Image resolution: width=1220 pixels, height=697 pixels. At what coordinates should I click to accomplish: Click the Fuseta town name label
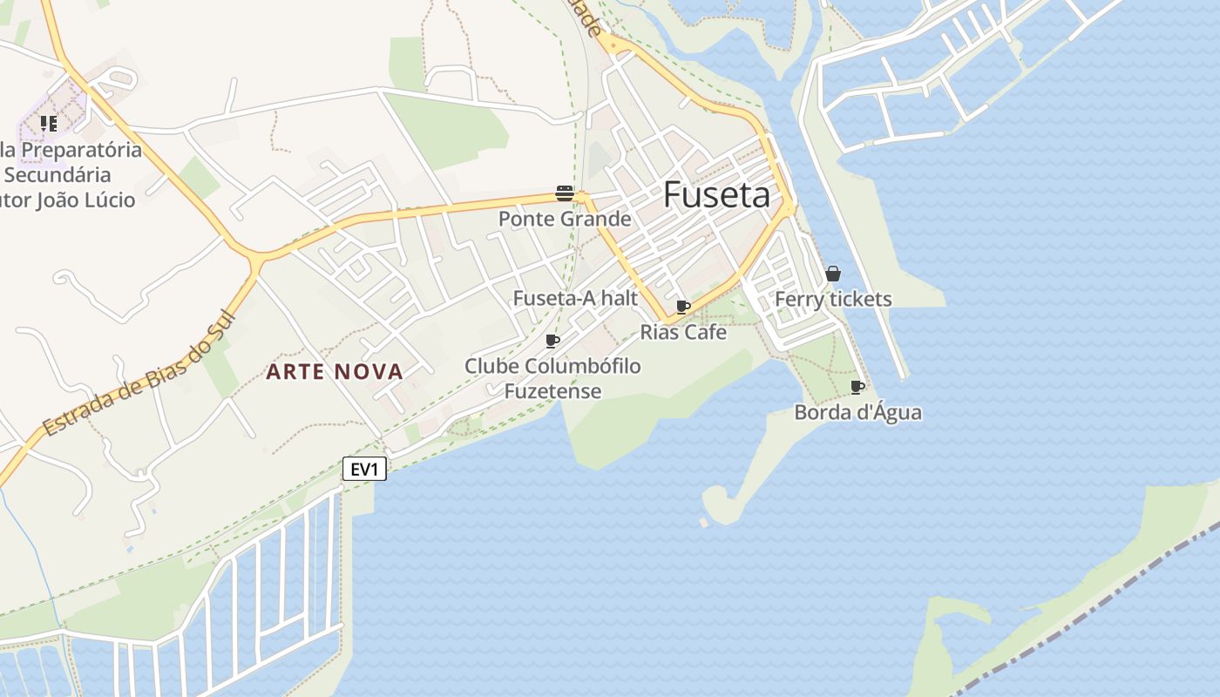pos(716,195)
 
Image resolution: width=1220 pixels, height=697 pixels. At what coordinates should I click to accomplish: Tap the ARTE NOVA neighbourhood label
pos(335,372)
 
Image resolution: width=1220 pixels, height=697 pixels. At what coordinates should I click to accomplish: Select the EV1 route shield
pos(364,470)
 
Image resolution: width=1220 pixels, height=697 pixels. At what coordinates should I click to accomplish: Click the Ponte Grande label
pos(564,219)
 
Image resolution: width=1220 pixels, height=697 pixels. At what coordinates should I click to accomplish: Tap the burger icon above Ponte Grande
pos(564,193)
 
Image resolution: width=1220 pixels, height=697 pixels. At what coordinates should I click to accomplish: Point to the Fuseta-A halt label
pos(575,298)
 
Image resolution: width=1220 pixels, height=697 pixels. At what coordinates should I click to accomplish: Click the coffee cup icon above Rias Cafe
pos(683,307)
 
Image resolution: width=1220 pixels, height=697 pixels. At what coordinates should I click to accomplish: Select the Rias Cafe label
pos(683,332)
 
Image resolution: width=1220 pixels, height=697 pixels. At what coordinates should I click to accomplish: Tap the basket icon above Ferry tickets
pos(833,274)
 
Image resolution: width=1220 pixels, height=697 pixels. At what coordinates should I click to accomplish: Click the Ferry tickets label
pos(833,299)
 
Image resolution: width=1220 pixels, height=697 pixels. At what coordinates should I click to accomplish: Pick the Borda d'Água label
pos(857,412)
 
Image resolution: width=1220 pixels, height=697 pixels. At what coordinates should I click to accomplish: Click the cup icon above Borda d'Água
pos(857,387)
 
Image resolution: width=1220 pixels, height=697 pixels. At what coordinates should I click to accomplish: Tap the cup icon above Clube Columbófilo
pos(552,341)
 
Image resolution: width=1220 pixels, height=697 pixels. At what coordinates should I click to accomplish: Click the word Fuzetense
pos(552,391)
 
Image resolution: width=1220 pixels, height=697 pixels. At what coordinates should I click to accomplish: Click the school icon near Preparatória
pos(48,124)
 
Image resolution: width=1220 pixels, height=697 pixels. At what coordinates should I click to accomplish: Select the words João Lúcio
pos(85,200)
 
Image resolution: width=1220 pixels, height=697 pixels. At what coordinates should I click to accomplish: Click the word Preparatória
pos(81,150)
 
